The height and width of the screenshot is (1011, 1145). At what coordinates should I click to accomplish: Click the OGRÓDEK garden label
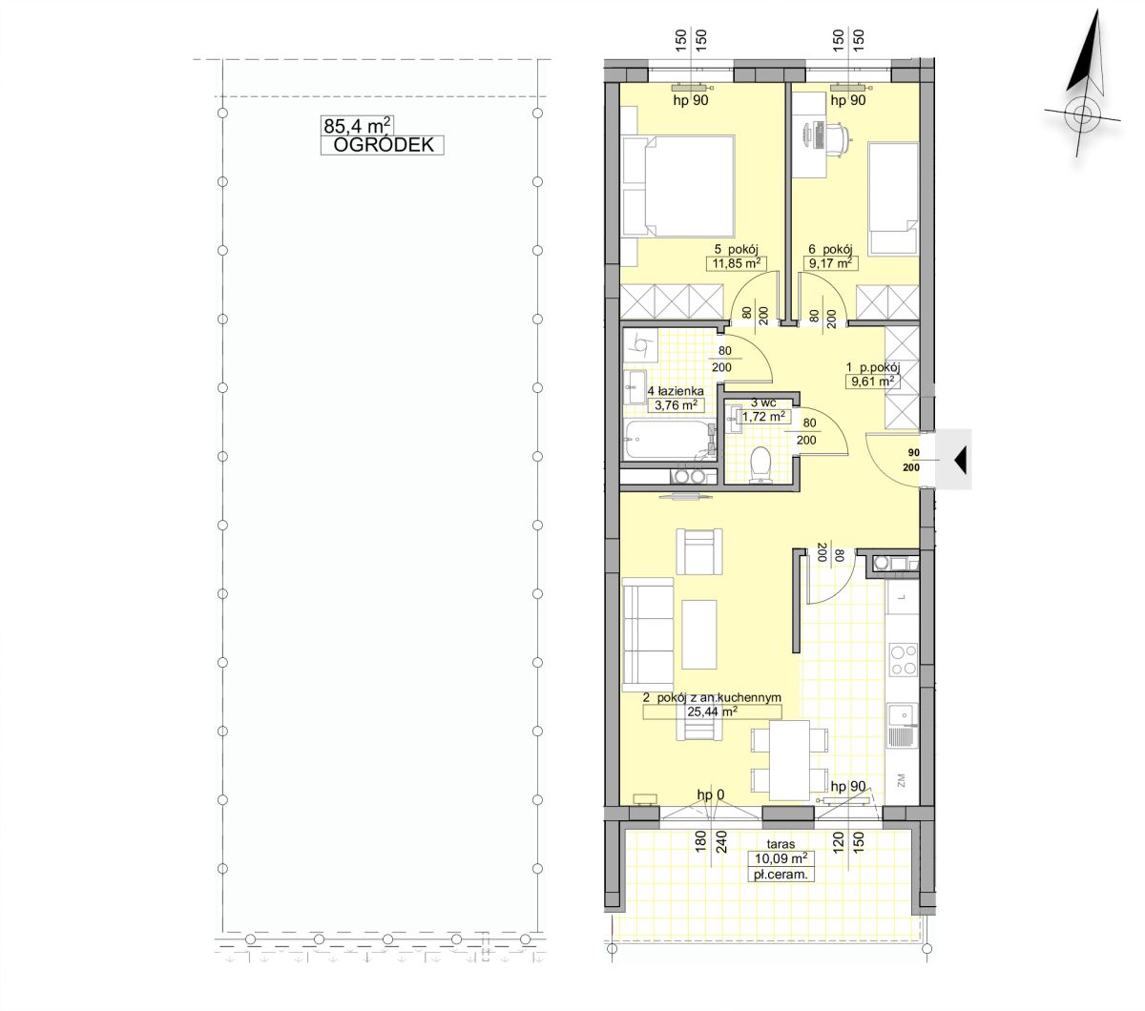coord(383,145)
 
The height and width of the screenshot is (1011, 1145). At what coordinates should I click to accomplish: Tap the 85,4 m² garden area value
coord(357,125)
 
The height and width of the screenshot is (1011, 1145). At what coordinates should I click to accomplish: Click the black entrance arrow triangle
coord(960,460)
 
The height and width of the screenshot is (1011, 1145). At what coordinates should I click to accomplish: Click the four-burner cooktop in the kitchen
coord(903,659)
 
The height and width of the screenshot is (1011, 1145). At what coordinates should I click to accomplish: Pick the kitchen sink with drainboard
coord(903,725)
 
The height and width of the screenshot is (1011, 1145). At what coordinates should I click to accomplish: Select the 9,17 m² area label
coord(830,263)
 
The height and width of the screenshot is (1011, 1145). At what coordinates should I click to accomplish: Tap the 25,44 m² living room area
coord(712,711)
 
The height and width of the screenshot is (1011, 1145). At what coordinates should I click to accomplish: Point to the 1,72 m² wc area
coord(763,417)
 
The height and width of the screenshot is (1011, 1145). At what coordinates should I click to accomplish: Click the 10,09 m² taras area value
coord(781,858)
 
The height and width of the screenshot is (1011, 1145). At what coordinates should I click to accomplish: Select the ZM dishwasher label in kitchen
coord(901,780)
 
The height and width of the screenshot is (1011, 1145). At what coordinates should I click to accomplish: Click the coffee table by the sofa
coord(699,634)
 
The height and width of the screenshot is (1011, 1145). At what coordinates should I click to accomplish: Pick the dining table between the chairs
coord(789,760)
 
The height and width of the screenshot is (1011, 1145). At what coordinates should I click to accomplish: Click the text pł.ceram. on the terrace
coord(781,876)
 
